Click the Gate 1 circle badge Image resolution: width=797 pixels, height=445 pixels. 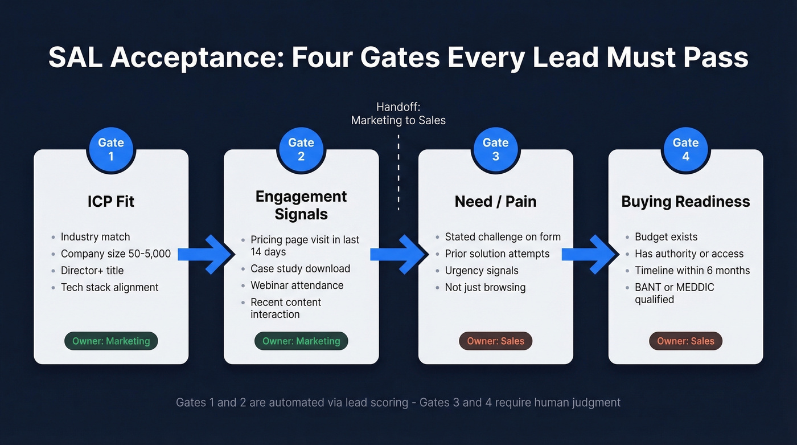(x=111, y=149)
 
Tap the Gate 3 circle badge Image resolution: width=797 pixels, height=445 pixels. (x=495, y=149)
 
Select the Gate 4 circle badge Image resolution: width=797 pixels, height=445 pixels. (x=685, y=149)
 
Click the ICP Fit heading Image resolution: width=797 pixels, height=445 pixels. (x=111, y=201)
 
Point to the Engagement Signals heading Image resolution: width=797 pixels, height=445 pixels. (x=301, y=205)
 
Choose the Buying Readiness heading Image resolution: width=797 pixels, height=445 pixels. (x=685, y=201)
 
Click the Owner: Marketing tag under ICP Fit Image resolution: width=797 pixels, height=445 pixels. (x=111, y=341)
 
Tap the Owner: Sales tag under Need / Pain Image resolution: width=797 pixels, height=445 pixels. (x=495, y=341)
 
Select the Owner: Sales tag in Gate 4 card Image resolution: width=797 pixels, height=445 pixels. (x=685, y=341)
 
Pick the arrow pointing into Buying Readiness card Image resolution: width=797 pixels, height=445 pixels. (x=590, y=254)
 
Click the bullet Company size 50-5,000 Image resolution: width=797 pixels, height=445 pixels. (x=116, y=254)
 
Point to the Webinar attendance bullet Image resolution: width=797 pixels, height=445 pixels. (x=297, y=285)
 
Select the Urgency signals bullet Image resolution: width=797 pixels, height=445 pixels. (x=481, y=271)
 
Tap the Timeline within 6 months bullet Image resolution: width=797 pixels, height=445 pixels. (x=692, y=271)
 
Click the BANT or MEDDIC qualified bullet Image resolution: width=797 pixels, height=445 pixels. (x=674, y=293)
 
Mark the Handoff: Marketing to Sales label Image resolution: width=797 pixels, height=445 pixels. (x=398, y=113)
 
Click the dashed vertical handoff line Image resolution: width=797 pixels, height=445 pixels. (x=398, y=171)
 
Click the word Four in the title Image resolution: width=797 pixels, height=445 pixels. (x=325, y=58)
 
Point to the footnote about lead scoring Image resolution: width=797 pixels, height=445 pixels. (x=398, y=402)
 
